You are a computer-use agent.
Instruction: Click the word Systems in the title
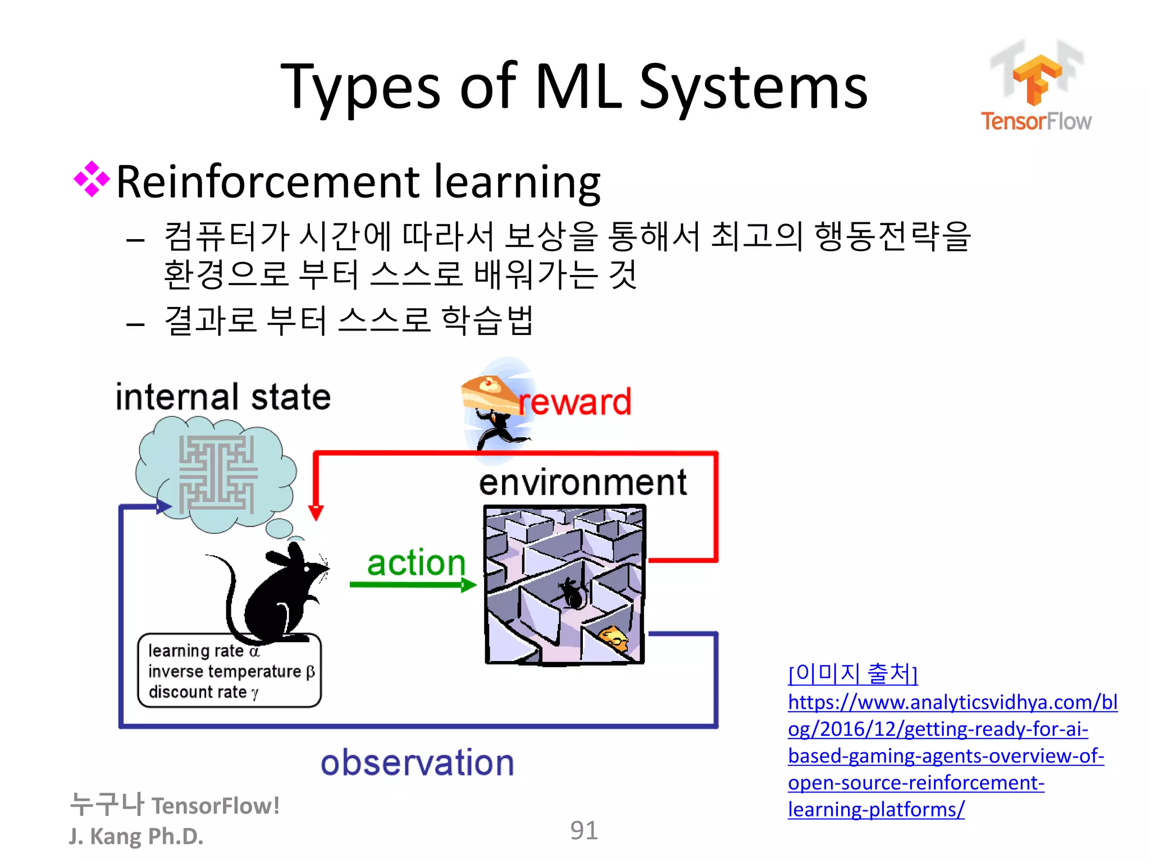(754, 88)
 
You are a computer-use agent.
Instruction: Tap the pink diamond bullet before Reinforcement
(92, 179)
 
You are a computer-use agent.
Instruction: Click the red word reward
(575, 402)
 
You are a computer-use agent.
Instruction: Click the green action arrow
(413, 585)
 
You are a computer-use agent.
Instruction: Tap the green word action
(416, 562)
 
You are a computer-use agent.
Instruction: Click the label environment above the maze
(582, 483)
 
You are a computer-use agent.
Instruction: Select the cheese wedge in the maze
(613, 638)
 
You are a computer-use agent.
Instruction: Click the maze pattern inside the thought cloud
(217, 474)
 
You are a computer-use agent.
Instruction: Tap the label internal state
(223, 397)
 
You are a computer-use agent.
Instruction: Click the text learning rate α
(204, 651)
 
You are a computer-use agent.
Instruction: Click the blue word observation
(417, 763)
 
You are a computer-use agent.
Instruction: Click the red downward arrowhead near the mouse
(316, 512)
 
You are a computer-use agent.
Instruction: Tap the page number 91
(583, 831)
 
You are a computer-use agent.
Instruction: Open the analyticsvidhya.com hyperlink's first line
(952, 703)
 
